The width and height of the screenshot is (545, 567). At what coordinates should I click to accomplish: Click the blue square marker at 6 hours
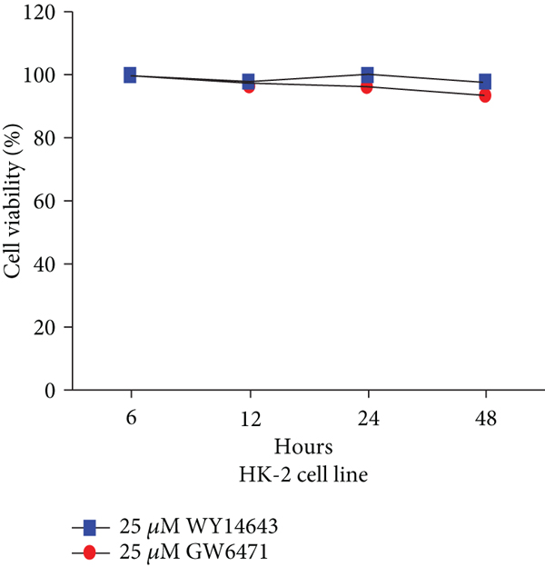(130, 75)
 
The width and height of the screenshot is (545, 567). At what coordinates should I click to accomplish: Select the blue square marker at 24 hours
(367, 75)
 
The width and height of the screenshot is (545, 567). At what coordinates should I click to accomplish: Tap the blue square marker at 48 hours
(485, 82)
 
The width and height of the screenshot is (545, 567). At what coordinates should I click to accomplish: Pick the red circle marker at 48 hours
(485, 95)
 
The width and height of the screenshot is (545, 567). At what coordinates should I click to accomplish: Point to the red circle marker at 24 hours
(367, 87)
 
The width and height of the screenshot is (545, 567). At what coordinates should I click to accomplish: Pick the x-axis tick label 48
(485, 421)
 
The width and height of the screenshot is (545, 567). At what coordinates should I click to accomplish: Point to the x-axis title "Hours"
(307, 447)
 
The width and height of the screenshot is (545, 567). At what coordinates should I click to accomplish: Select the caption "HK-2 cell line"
(307, 472)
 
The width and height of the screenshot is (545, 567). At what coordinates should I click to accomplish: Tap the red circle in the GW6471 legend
(90, 551)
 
